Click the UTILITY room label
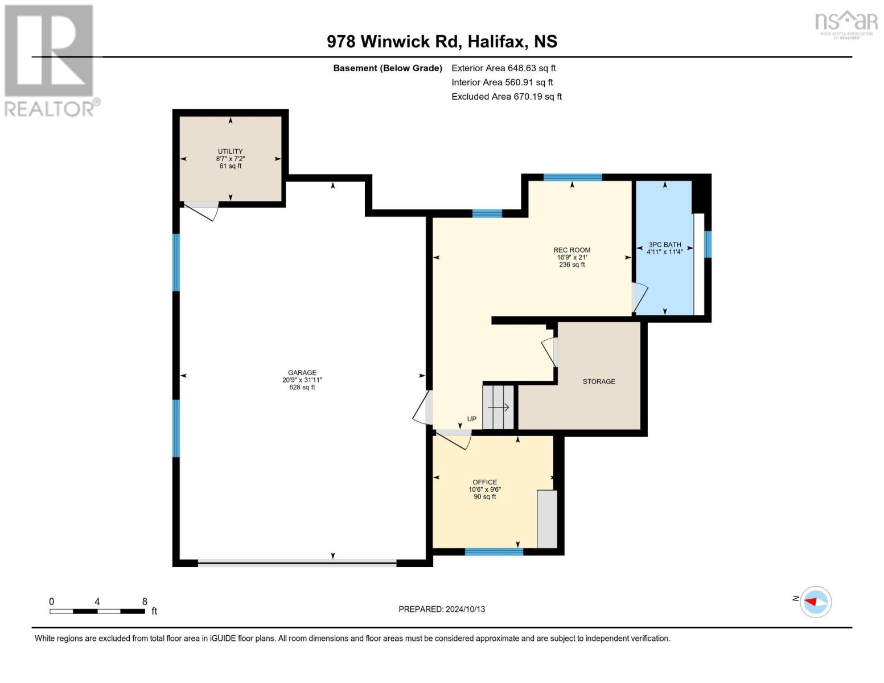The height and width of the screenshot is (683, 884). coord(230,151)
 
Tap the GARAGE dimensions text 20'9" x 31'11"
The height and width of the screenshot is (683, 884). coord(302,380)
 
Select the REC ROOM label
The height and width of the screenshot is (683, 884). coord(571,250)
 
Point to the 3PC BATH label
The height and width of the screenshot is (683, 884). coord(664,245)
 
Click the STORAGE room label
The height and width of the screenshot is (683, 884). coord(598,381)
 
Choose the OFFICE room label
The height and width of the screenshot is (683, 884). coord(484,482)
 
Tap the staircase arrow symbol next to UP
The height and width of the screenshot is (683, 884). coord(499,408)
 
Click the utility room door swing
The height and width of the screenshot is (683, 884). coord(202,210)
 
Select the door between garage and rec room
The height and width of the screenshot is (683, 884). coord(424,408)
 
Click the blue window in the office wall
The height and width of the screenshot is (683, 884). coord(494,551)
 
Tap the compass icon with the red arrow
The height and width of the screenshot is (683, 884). coord(816,602)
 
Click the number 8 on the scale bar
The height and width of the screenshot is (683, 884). coord(145,602)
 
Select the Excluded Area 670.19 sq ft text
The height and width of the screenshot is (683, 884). coord(507,97)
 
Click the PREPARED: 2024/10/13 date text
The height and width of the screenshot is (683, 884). coord(442,609)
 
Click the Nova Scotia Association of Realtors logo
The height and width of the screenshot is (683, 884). coord(846,24)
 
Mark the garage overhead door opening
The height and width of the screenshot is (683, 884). coord(297,563)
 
